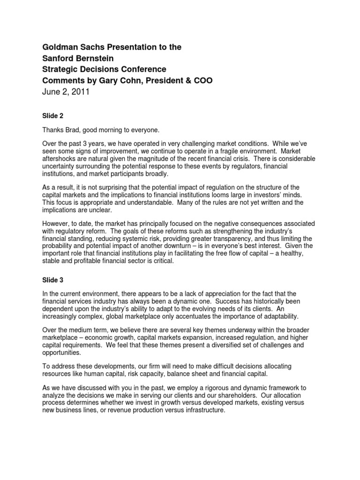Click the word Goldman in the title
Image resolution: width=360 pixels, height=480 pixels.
[59, 47]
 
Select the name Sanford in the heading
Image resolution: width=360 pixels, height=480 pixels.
[59, 59]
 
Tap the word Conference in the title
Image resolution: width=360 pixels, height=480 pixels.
[140, 70]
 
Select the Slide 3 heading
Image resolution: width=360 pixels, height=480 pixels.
[52, 279]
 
